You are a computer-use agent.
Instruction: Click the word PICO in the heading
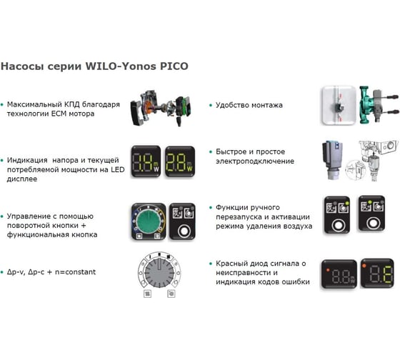tap(174, 66)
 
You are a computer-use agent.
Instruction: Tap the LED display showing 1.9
tap(146, 161)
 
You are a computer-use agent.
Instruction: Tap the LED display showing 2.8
tap(180, 161)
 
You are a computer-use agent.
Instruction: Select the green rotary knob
tap(149, 221)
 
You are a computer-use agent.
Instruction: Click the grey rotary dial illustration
tap(159, 273)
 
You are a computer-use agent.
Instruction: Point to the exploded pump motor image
tap(161, 108)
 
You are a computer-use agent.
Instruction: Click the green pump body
tap(368, 105)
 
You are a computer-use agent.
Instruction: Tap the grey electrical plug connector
tap(332, 160)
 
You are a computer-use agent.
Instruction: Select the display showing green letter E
tap(377, 273)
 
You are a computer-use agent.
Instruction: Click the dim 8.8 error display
tap(339, 274)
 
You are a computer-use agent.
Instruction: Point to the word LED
tap(118, 170)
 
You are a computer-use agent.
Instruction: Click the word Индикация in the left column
tap(27, 160)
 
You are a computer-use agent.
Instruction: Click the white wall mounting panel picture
tap(339, 105)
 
